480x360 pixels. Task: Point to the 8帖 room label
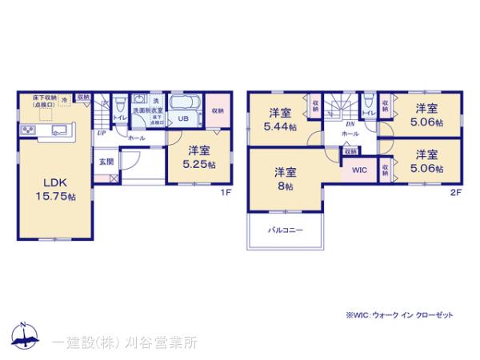(285, 178)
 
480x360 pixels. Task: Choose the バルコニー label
(285, 231)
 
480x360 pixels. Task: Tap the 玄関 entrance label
(106, 162)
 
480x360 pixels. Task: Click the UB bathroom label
(182, 120)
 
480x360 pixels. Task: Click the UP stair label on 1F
(102, 133)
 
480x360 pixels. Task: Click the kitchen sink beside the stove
(58, 129)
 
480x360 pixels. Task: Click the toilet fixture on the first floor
(118, 104)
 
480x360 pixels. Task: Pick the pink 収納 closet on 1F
(216, 110)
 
